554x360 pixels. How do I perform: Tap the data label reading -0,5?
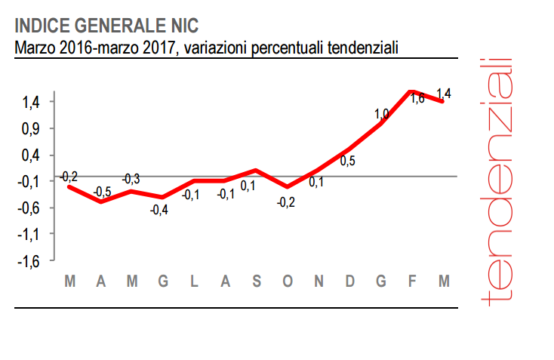point(102,192)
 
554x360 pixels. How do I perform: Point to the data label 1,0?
point(381,114)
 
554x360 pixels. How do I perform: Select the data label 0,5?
point(348,161)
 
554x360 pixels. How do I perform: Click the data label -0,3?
point(131,179)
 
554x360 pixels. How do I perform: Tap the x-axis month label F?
point(413,282)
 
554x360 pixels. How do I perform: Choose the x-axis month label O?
point(288,282)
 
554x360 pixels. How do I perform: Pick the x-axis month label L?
point(194,282)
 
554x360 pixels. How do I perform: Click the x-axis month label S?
point(257,282)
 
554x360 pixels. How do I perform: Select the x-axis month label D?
point(350,282)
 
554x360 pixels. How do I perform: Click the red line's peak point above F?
point(411,91)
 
